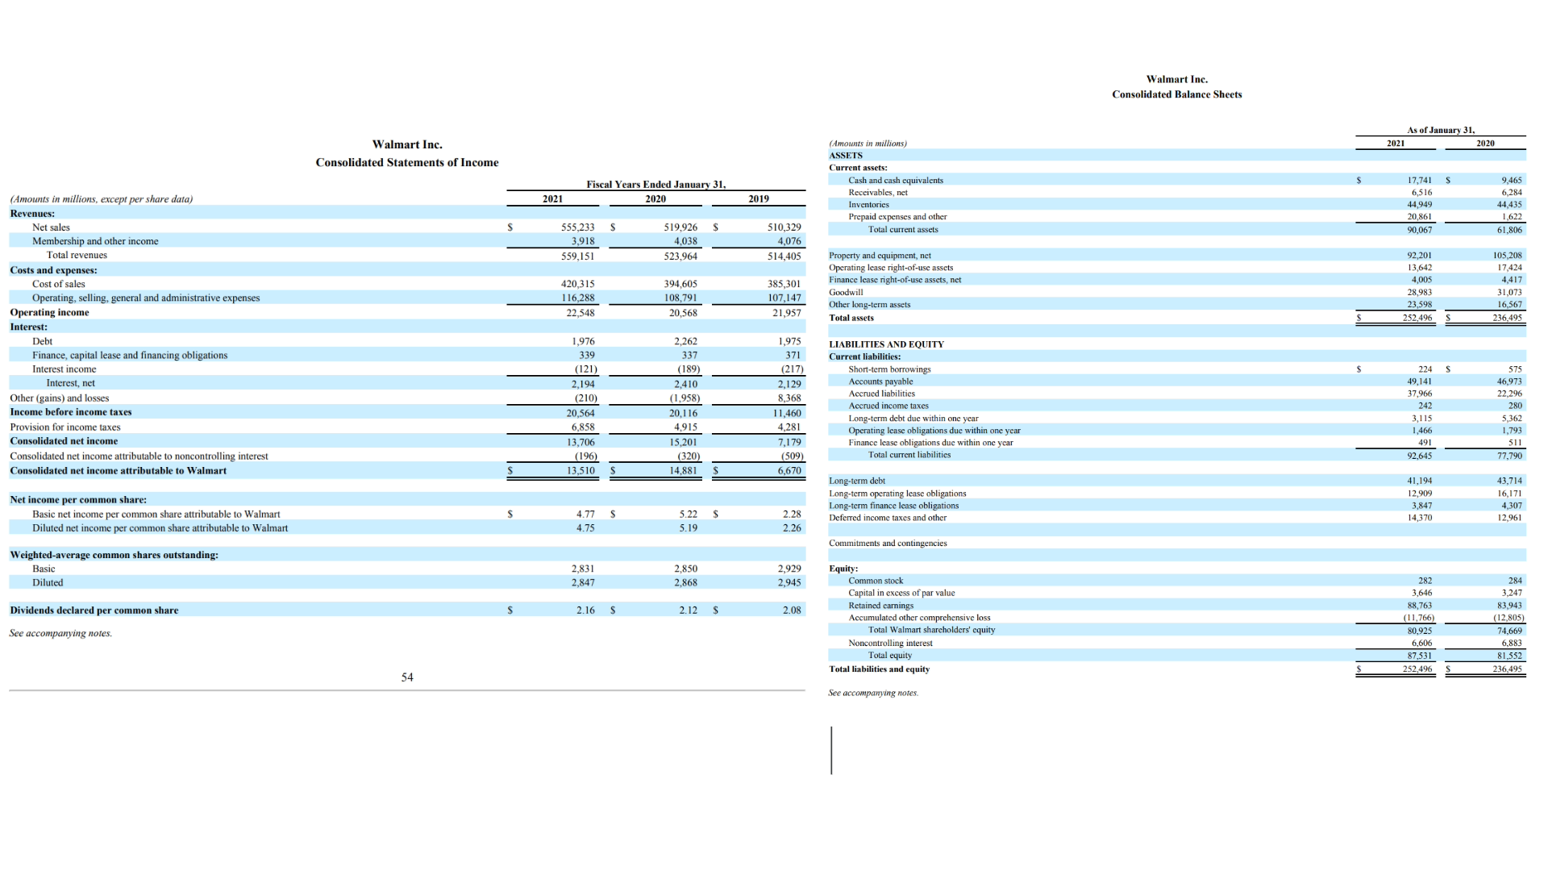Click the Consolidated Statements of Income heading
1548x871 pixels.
coord(406,162)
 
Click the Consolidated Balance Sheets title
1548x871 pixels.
coord(1176,94)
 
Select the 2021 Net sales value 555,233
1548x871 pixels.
coord(577,227)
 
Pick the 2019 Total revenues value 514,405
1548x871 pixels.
coord(784,256)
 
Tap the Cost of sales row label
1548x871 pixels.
coord(58,284)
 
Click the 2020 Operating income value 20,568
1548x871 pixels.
coord(682,313)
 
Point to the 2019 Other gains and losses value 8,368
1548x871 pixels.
coord(789,398)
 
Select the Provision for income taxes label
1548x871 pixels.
coord(64,427)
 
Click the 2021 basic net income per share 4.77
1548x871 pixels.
coord(585,514)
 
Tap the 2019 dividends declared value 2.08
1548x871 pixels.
coord(792,611)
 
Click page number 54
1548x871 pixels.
coord(407,677)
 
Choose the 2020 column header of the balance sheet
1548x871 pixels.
coord(1485,144)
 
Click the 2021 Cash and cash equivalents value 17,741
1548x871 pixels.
coord(1418,181)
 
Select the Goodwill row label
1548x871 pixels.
coord(846,292)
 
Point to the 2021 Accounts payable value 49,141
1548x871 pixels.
coord(1419,381)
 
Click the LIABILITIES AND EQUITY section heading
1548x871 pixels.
coord(886,344)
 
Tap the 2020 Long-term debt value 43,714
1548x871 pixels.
coord(1509,481)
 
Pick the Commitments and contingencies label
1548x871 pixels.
coord(888,543)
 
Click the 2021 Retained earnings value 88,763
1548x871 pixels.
coord(1419,606)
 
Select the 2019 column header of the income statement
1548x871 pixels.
coord(758,198)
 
